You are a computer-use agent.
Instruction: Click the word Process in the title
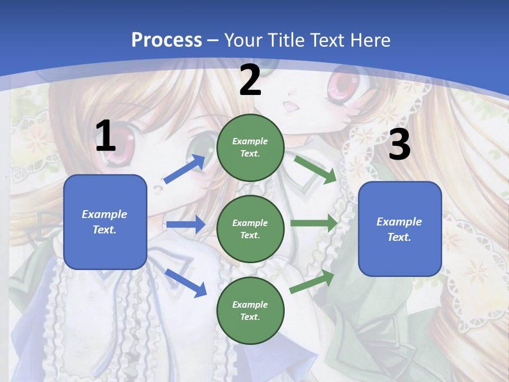(166, 40)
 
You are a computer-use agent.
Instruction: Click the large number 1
(106, 136)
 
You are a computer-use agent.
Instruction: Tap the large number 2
(250, 80)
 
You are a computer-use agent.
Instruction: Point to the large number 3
(399, 145)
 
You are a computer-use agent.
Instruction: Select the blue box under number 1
(105, 222)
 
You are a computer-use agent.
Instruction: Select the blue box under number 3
(400, 229)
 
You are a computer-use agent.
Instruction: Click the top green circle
(250, 147)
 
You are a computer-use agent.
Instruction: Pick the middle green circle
(250, 229)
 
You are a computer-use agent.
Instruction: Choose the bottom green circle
(250, 310)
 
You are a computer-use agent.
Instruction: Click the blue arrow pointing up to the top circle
(185, 169)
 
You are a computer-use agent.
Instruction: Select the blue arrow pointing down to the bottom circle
(186, 283)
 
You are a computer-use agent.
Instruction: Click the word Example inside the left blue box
(104, 214)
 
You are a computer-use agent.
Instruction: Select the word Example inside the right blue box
(399, 222)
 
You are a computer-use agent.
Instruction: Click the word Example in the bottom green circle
(250, 305)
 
